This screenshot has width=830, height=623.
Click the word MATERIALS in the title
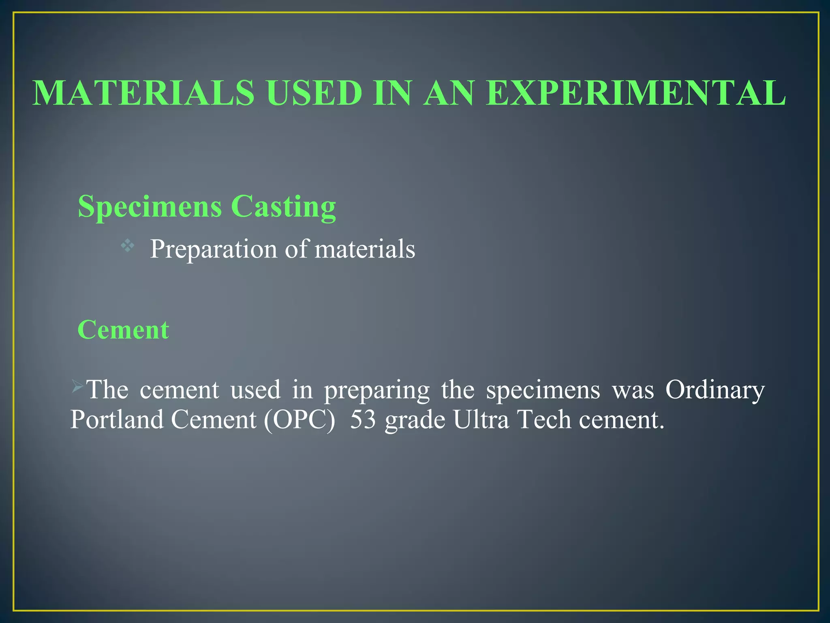tap(143, 93)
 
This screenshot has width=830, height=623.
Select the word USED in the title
tap(314, 93)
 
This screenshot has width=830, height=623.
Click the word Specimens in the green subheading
tap(150, 207)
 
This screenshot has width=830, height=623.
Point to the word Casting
tap(283, 207)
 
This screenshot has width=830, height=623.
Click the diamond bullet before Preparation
tap(127, 245)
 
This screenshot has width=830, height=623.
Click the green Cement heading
tap(123, 329)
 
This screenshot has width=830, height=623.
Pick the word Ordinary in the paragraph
tap(715, 390)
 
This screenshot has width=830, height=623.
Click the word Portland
tap(117, 419)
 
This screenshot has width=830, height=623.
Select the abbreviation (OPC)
tap(299, 419)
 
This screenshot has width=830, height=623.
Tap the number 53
tap(363, 419)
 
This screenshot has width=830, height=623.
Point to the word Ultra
tap(481, 419)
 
